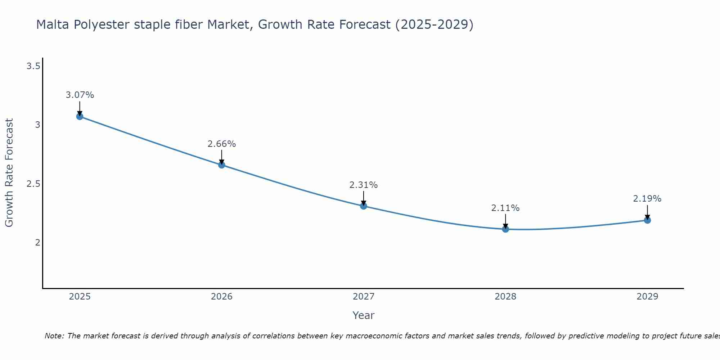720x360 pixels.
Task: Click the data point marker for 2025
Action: pos(80,116)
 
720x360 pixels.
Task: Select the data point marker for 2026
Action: pos(221,165)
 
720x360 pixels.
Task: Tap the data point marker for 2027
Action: pos(363,206)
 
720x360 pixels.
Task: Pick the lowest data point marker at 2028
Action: pos(505,229)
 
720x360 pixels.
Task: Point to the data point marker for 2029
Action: pos(647,220)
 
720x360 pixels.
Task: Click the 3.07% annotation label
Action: pos(80,95)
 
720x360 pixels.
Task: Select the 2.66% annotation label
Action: pos(221,144)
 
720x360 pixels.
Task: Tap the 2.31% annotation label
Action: pos(363,185)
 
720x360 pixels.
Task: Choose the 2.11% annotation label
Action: pos(505,208)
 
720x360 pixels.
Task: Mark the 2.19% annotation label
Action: pos(647,199)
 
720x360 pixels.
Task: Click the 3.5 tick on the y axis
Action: pos(33,66)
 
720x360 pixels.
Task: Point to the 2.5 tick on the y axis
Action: pos(33,184)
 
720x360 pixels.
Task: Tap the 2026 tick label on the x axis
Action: pos(221,297)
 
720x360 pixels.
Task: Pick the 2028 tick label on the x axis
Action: pos(505,297)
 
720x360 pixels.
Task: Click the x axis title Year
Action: pos(363,315)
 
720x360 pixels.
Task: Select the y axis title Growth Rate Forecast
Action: pos(9,173)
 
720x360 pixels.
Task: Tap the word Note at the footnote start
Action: pos(54,336)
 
